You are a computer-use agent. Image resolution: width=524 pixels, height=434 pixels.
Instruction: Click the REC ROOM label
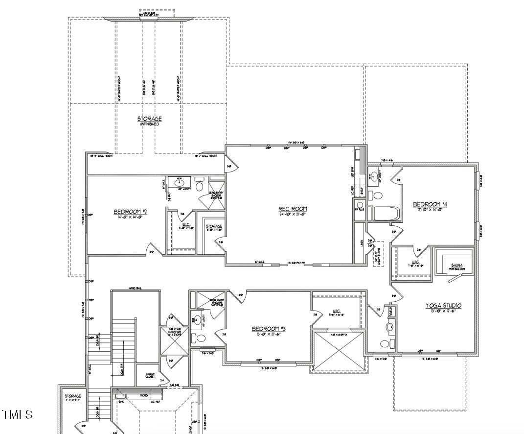(x=293, y=209)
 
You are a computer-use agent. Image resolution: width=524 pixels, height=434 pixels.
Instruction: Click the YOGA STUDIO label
(x=443, y=306)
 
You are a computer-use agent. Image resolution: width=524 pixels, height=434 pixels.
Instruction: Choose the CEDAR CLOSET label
(x=150, y=375)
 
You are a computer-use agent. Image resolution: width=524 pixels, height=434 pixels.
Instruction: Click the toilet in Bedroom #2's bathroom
(x=199, y=186)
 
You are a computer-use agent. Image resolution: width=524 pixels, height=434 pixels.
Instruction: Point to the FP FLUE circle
(x=360, y=206)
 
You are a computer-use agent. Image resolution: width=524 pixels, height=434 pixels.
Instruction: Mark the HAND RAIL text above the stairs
(x=136, y=288)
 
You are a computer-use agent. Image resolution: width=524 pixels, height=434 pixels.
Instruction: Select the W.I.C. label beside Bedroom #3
(x=336, y=311)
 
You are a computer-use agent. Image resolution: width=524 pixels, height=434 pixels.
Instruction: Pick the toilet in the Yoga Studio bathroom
(x=386, y=343)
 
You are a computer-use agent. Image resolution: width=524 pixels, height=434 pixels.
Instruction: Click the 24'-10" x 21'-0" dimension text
(x=293, y=214)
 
